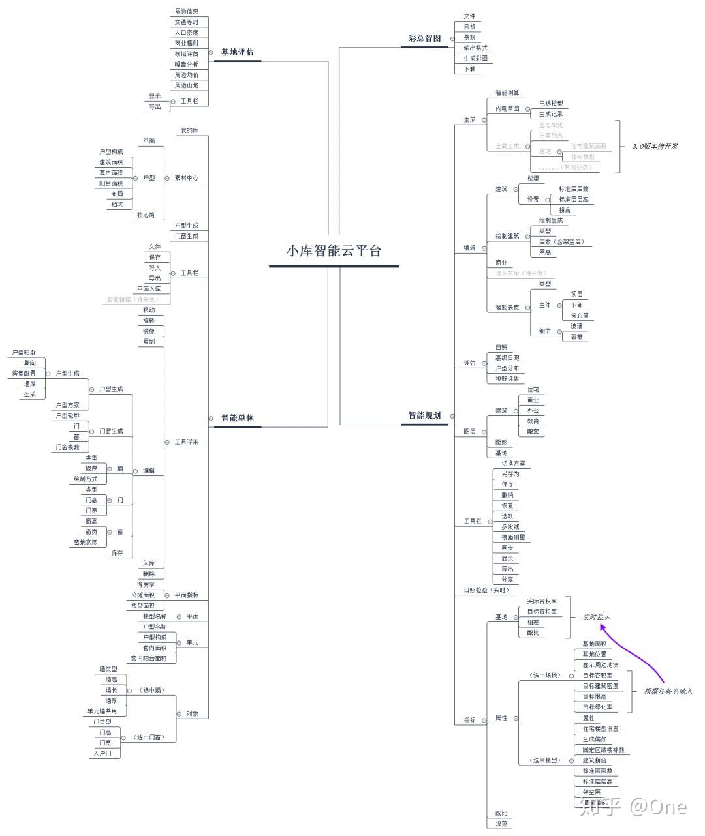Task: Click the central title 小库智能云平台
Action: pyautogui.click(x=334, y=251)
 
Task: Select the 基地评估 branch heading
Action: pyautogui.click(x=237, y=52)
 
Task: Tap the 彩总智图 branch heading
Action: pyautogui.click(x=424, y=38)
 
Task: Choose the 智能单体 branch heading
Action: pyautogui.click(x=237, y=418)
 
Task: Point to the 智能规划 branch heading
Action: pyautogui.click(x=424, y=415)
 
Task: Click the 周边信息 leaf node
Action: pyautogui.click(x=187, y=12)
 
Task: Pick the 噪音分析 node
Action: pyautogui.click(x=187, y=65)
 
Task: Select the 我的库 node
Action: pyautogui.click(x=189, y=131)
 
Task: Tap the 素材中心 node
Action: pyautogui.click(x=187, y=178)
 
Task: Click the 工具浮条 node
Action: pyautogui.click(x=187, y=442)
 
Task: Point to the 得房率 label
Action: pyautogui.click(x=146, y=585)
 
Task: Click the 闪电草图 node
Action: pyautogui.click(x=507, y=109)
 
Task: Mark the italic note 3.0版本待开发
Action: pyautogui.click(x=654, y=146)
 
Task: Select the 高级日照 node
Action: pyautogui.click(x=507, y=358)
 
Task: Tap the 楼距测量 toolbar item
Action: pyautogui.click(x=513, y=537)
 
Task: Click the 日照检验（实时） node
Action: pyautogui.click(x=486, y=590)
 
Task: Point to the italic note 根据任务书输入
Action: pyautogui.click(x=668, y=691)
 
